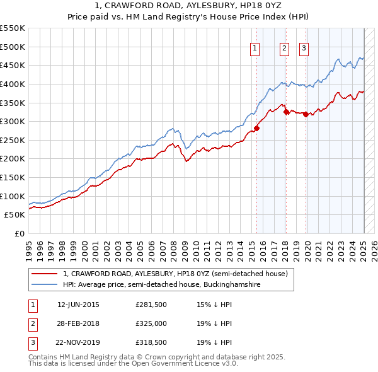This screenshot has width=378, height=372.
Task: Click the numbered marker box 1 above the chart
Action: pos(255,49)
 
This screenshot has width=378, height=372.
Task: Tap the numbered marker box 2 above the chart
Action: pos(285,49)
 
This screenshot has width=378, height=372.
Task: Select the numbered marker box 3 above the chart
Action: pos(304,49)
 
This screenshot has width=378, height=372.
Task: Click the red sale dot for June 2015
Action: pos(256,128)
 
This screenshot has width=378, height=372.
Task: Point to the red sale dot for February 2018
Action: pos(286,112)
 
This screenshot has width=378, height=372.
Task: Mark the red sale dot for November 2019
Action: pos(306,114)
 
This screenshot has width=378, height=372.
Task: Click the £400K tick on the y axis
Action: pos(13,84)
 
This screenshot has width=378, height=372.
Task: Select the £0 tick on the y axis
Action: pos(19,233)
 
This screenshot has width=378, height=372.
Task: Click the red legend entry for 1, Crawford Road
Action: pos(175,274)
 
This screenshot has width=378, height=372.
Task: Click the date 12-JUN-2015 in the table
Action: pos(78,305)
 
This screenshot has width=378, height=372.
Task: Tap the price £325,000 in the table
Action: pos(151,324)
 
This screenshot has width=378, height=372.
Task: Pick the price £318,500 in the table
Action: pos(151,343)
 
